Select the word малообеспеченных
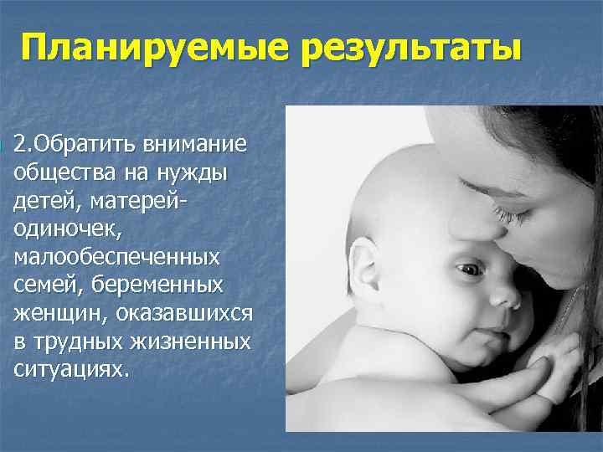[x=116, y=257]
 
